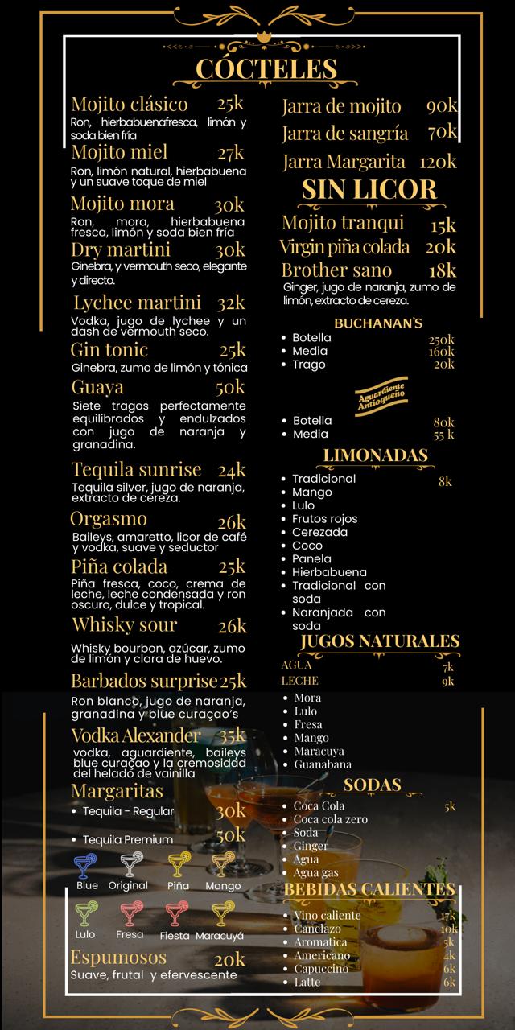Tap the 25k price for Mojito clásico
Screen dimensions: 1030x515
[230, 104]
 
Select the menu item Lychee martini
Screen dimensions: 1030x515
[137, 303]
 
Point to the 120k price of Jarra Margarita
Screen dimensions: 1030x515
[437, 162]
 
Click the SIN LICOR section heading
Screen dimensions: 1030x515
[369, 190]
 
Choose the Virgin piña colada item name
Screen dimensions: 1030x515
[344, 247]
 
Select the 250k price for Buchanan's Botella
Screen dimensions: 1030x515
[441, 339]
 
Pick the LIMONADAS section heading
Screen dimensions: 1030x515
[375, 456]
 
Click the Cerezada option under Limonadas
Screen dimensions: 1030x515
[319, 532]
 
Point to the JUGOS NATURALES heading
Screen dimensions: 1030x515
[380, 641]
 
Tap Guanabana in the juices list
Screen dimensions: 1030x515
[322, 764]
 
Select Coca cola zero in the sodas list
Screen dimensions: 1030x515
[330, 819]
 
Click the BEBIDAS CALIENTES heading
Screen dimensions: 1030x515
[369, 889]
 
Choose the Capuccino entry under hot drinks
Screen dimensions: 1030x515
[321, 969]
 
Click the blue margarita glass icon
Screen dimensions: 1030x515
[85, 865]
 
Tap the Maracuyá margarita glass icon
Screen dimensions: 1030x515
[223, 914]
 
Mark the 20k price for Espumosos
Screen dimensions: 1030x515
[229, 959]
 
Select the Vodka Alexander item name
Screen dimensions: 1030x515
[136, 735]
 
